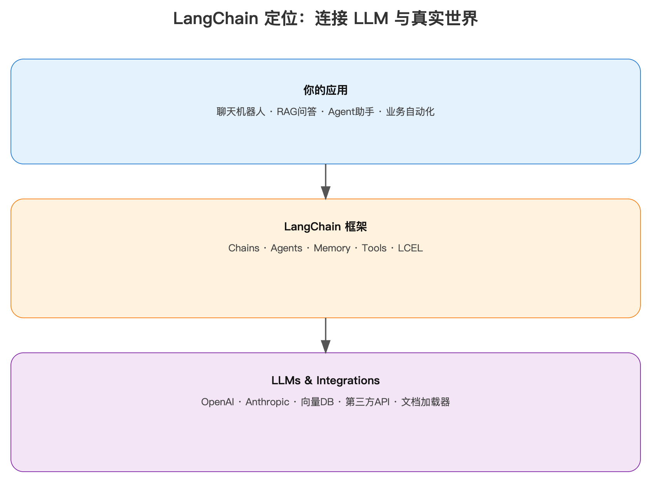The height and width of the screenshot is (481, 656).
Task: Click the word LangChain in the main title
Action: (215, 19)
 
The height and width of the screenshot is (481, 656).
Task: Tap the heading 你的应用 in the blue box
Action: (325, 90)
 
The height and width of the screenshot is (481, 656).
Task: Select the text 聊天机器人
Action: (241, 112)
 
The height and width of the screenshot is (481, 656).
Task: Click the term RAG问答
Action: (297, 112)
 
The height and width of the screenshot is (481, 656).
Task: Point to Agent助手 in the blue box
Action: (351, 112)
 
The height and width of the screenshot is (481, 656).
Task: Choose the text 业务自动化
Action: (410, 112)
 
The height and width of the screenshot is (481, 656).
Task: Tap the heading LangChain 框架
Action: (325, 227)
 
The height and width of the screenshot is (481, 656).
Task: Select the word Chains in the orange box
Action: (244, 248)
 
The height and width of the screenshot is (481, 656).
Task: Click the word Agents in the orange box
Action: (286, 248)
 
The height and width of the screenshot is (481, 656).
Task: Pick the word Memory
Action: (332, 248)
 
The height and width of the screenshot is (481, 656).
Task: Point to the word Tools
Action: (374, 248)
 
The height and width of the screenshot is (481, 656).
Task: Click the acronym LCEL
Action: (410, 248)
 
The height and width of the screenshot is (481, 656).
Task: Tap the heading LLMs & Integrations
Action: (325, 380)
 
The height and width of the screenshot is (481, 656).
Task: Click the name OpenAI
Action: (217, 402)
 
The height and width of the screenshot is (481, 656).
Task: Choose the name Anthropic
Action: (267, 402)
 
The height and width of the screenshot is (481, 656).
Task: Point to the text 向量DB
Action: (317, 402)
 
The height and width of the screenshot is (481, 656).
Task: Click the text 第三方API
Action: (367, 402)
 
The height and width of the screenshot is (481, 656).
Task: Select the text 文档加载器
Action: (426, 402)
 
